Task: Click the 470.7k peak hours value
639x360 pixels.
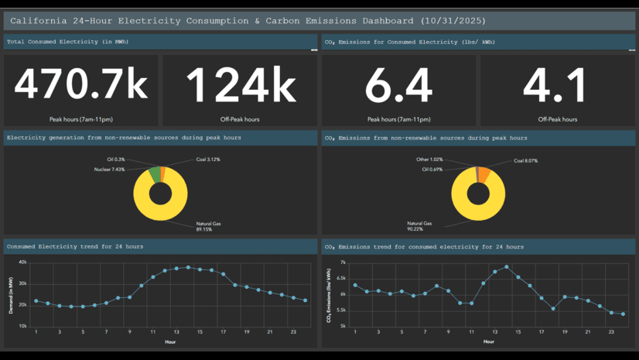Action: click(80, 84)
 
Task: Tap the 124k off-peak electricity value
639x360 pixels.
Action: click(240, 84)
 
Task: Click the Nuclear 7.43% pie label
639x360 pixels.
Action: click(109, 169)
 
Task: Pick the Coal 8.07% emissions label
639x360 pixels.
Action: click(525, 161)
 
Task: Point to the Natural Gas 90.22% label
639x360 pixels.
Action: click(419, 225)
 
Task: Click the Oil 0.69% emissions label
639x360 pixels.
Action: click(430, 169)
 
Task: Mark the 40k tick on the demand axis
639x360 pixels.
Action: click(22, 262)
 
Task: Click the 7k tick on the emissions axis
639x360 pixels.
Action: click(343, 263)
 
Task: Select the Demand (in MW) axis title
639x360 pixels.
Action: click(11, 294)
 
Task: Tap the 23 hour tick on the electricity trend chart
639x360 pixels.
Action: click(293, 331)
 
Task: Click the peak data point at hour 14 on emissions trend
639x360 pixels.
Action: click(507, 267)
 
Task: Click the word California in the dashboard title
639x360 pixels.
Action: click(39, 20)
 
